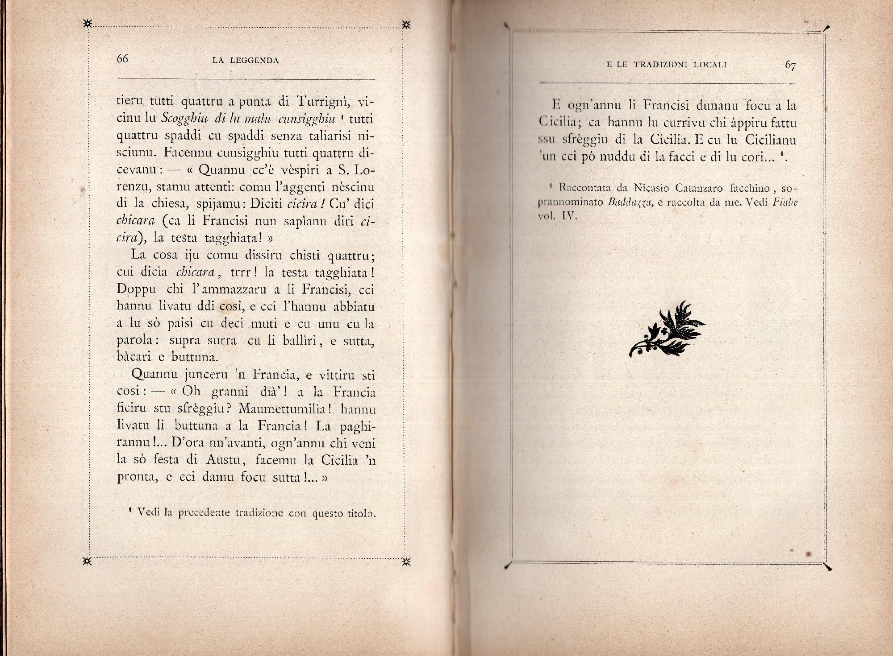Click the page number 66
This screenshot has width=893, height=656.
[x=122, y=59]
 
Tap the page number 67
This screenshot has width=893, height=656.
[x=790, y=65]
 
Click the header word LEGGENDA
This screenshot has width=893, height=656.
[x=254, y=61]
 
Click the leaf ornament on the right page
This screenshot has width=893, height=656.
[x=668, y=330]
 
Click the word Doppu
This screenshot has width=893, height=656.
[x=136, y=290]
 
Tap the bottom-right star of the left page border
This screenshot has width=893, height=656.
[x=406, y=561]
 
